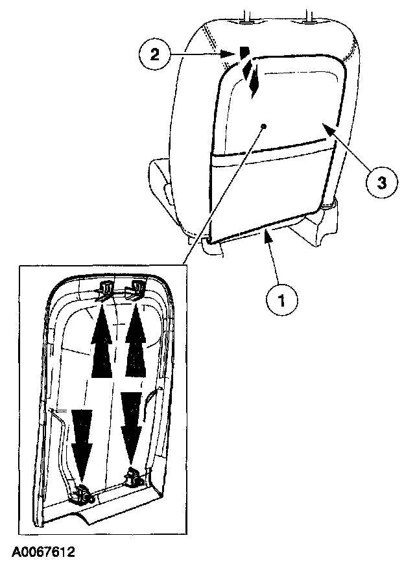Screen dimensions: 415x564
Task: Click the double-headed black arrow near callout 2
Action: pos(254,78)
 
